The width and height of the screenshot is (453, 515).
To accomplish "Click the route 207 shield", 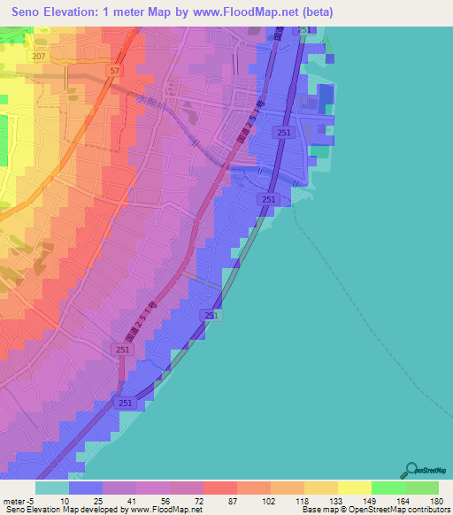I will [x=37, y=56].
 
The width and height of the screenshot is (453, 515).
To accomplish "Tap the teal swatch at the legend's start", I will [x=52, y=488].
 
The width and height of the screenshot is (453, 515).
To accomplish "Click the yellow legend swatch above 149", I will [x=355, y=488].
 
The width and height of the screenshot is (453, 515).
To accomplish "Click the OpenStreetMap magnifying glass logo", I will [x=410, y=470].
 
